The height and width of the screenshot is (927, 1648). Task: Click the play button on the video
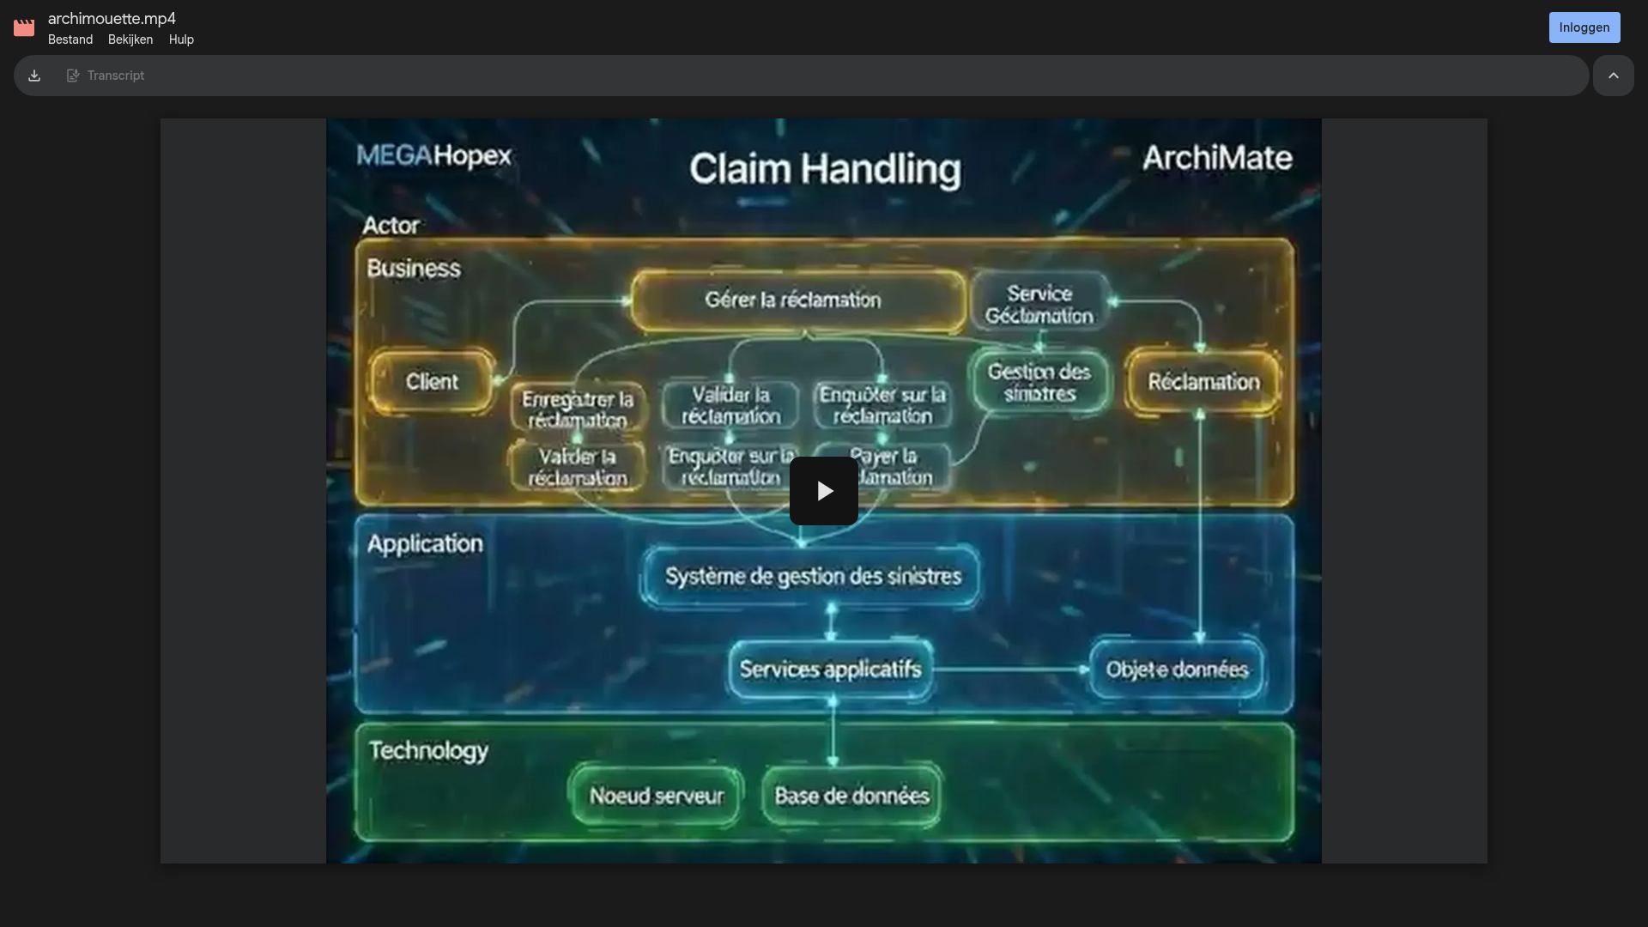[x=824, y=491]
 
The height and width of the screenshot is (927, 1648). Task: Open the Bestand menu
[x=70, y=39]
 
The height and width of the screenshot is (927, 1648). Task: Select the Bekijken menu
[x=130, y=39]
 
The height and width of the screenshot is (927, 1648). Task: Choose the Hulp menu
[x=181, y=39]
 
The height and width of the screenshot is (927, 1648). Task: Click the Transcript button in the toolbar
[x=106, y=76]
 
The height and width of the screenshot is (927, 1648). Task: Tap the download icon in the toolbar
[x=34, y=76]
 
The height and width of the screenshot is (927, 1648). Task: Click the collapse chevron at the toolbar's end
[x=1614, y=76]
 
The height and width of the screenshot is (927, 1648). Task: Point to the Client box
[x=432, y=382]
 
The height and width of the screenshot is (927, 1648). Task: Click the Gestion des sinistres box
[x=1039, y=383]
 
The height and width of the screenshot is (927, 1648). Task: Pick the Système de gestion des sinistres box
[x=812, y=576]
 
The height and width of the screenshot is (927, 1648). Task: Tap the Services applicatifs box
[x=830, y=669]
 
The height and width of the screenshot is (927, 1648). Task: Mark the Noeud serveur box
[x=657, y=797]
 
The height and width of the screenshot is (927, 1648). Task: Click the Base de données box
[x=851, y=797]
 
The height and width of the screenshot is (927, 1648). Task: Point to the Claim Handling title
[x=825, y=169]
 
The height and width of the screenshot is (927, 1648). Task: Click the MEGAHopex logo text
[x=433, y=156]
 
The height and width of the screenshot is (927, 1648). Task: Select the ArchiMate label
[x=1217, y=158]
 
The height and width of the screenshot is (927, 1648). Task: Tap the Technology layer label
[x=428, y=751]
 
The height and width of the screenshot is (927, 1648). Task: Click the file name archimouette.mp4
[x=112, y=19]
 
